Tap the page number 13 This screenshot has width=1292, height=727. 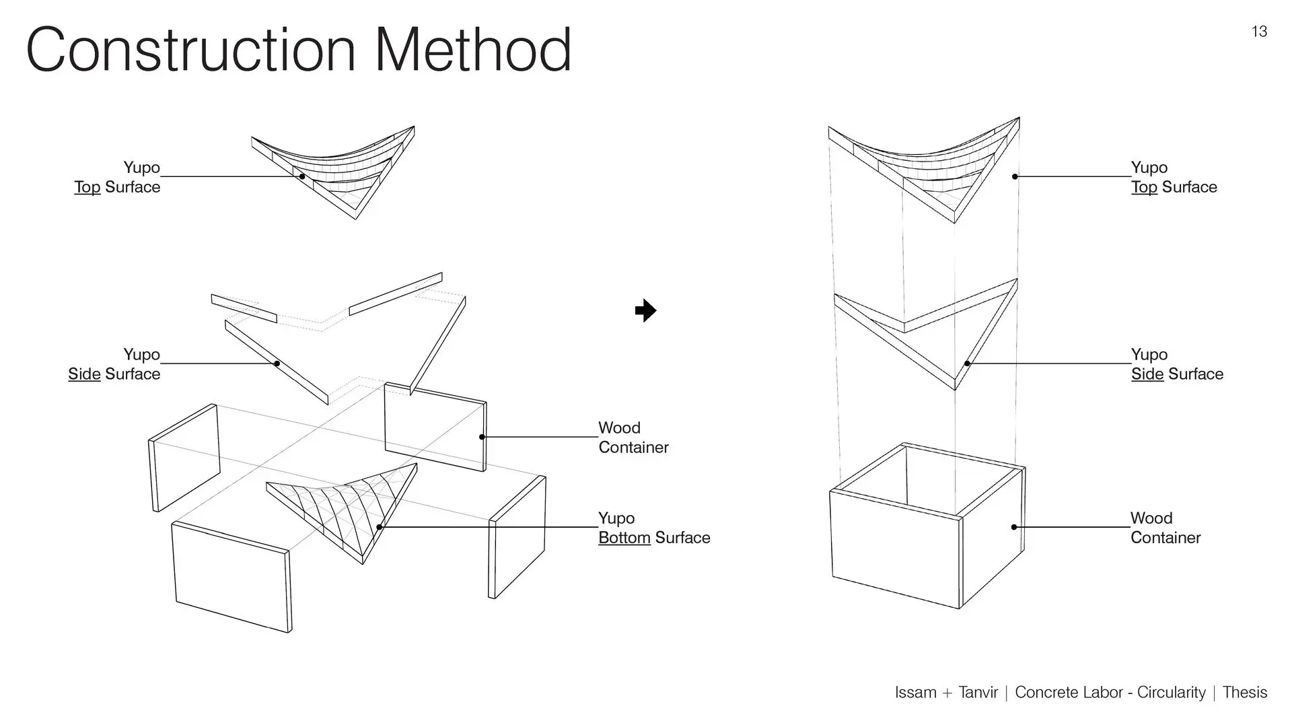click(1259, 32)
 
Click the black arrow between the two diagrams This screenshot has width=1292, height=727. click(645, 310)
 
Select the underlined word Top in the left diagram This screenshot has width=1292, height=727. click(87, 187)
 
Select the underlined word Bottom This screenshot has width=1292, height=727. click(624, 538)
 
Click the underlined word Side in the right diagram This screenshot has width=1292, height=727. click(1147, 374)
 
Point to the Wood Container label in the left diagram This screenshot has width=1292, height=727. click(633, 438)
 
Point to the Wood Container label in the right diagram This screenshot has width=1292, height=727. click(1165, 528)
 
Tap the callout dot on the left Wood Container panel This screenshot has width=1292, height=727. click(482, 437)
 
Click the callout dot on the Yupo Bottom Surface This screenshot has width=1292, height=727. click(380, 527)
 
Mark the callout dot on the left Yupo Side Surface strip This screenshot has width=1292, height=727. click(277, 363)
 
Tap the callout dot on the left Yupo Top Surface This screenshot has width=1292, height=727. click(302, 176)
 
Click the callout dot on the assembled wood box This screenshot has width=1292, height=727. click(1014, 527)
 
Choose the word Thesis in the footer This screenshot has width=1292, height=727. click(1244, 693)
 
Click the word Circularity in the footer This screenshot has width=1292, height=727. click(1171, 693)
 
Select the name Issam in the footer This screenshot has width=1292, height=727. click(915, 693)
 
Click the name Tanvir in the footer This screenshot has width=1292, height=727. click(978, 693)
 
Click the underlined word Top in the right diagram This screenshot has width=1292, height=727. click(1144, 187)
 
